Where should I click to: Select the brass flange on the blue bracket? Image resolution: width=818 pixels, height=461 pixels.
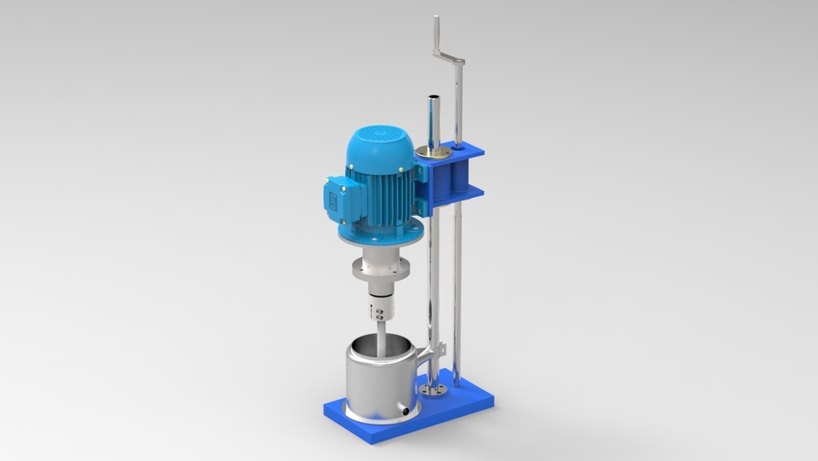pyautogui.click(x=432, y=154)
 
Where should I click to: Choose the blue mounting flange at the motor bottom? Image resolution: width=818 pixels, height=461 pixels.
pyautogui.click(x=381, y=237)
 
